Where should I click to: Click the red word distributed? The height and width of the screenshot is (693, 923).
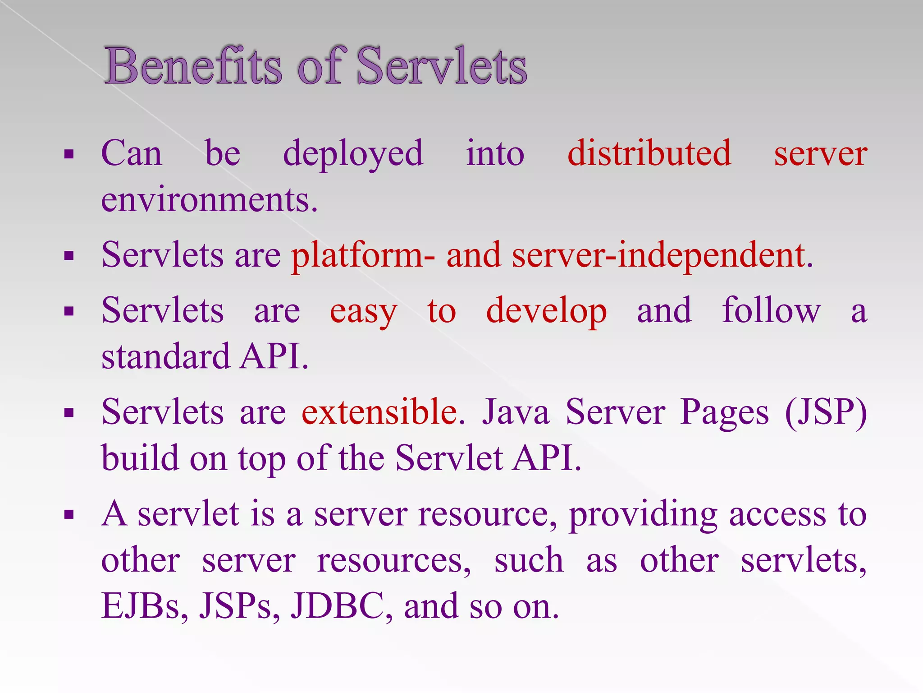649,153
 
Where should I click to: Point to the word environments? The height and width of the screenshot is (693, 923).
210,199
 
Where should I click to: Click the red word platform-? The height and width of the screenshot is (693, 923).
363,255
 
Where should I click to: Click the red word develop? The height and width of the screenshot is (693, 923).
546,311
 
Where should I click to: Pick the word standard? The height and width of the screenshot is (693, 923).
165,356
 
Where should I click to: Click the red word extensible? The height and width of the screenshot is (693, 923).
379,412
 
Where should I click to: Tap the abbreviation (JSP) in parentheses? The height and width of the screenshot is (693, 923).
826,412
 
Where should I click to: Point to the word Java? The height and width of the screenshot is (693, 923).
516,412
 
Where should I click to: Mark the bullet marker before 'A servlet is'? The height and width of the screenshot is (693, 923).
69,515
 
